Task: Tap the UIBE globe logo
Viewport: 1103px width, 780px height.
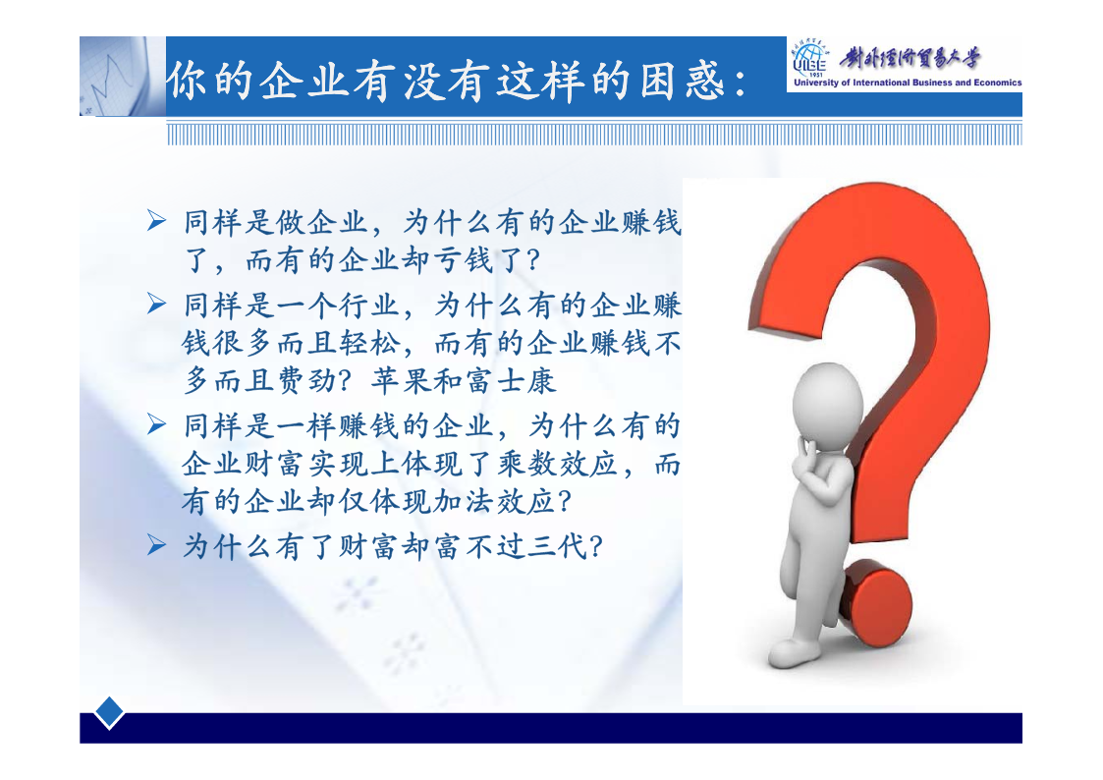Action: pos(811,60)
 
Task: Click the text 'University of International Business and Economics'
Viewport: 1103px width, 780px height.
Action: pos(908,83)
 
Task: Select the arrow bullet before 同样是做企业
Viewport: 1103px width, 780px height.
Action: pos(156,221)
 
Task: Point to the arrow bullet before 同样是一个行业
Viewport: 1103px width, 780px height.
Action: pos(156,304)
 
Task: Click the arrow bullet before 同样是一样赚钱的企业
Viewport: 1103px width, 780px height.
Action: pos(156,424)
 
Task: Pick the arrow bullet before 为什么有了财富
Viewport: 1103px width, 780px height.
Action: pos(156,545)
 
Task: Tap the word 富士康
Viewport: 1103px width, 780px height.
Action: pos(511,381)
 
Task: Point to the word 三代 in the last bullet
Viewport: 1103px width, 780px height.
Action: pos(557,546)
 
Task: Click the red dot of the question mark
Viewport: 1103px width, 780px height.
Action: pos(876,603)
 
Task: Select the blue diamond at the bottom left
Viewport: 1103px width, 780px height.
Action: pos(109,712)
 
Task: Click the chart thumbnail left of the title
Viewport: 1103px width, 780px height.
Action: pos(123,76)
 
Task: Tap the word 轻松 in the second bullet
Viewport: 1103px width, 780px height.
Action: pos(369,343)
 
